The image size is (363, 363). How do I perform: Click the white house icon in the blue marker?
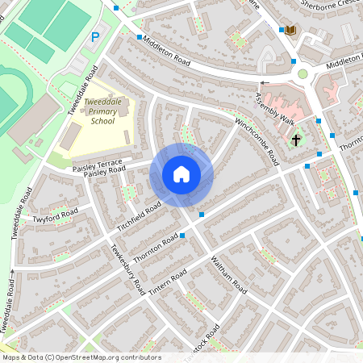[181, 174]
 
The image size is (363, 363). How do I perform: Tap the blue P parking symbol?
[95, 36]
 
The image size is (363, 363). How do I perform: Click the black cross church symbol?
[296, 140]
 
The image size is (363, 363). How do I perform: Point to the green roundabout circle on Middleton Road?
[302, 74]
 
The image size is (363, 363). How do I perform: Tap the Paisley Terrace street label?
[97, 162]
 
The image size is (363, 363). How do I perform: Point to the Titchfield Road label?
[140, 214]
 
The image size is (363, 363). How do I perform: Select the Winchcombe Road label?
[257, 136]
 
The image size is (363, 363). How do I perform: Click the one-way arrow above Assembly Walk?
[264, 82]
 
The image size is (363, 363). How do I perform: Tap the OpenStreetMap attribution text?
[81, 357]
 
